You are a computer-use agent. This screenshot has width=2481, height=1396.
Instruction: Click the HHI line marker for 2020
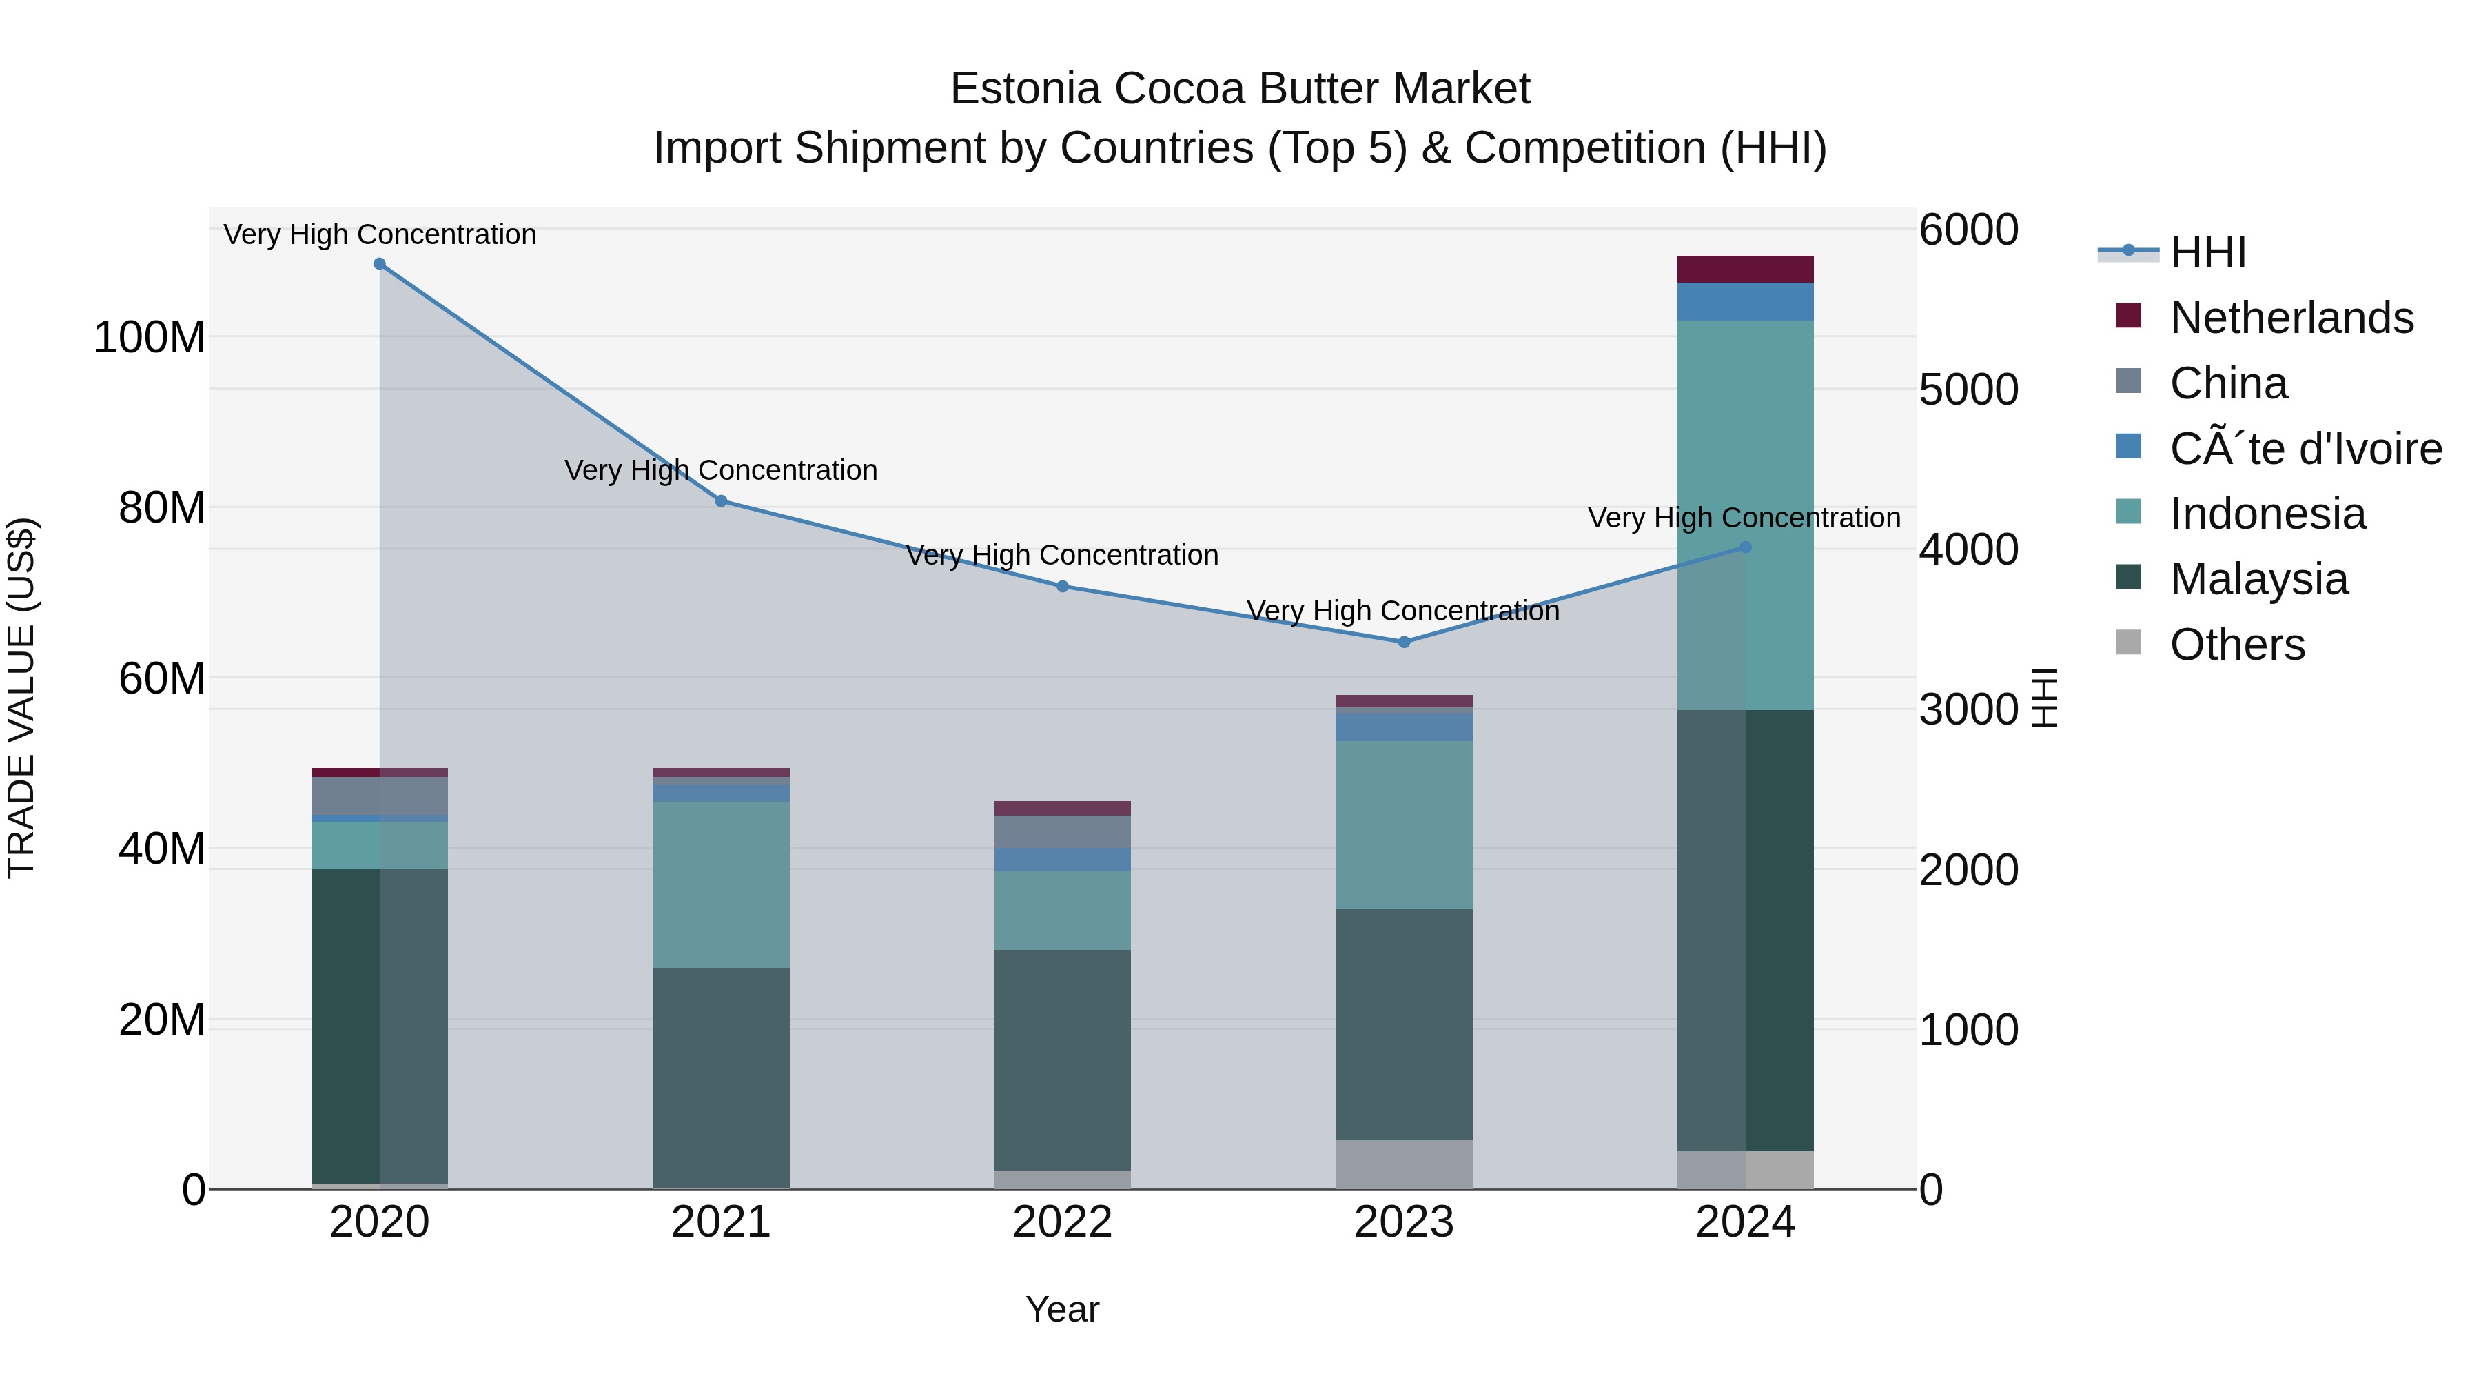click(x=380, y=264)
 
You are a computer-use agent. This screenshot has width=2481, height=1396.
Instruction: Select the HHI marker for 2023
click(x=1403, y=642)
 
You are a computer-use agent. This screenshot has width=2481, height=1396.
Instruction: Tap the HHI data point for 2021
click(x=720, y=501)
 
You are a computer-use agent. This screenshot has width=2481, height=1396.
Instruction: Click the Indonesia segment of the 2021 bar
click(x=720, y=884)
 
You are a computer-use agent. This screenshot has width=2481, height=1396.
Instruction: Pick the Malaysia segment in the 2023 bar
click(x=1403, y=1024)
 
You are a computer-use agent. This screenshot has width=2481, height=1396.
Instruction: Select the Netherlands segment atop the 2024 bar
click(x=1745, y=269)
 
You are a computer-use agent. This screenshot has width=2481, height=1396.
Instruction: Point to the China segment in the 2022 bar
click(x=1062, y=831)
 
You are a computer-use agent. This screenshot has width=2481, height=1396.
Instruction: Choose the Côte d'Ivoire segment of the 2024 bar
click(x=1745, y=301)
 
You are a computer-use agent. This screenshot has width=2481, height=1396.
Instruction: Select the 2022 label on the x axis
click(x=1062, y=1222)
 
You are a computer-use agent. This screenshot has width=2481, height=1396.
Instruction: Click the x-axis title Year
click(x=1062, y=1309)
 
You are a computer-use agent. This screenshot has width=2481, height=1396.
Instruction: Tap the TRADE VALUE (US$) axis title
click(x=21, y=698)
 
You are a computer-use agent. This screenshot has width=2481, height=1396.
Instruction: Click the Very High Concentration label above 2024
click(x=1744, y=518)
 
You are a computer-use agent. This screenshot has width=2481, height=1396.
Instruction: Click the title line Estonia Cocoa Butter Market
click(x=1240, y=90)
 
